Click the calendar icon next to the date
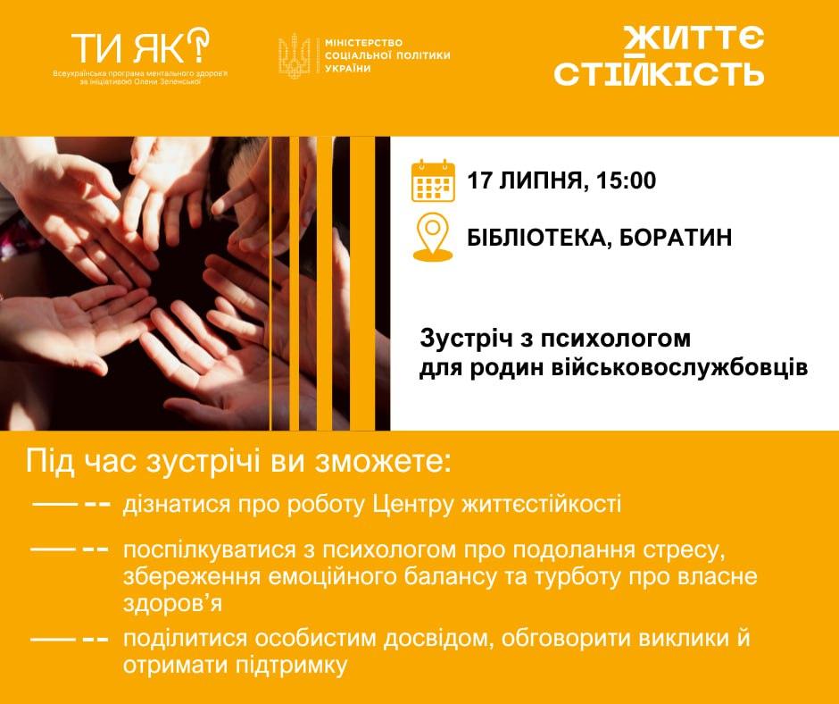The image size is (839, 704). tap(433, 180)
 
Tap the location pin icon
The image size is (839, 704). tap(433, 238)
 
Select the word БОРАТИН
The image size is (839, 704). tap(676, 238)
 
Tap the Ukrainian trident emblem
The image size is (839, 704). tap(295, 55)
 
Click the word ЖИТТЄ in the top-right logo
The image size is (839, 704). tap(694, 38)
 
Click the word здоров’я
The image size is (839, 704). tap(172, 603)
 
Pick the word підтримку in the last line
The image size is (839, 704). tap(291, 666)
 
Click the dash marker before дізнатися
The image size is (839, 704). tap(71, 505)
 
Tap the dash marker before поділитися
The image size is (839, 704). tap(71, 639)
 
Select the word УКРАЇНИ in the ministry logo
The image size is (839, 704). tap(348, 68)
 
